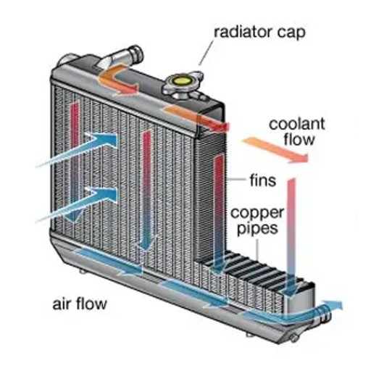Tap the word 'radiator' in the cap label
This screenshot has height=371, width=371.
click(x=243, y=32)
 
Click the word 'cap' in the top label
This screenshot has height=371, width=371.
click(x=291, y=33)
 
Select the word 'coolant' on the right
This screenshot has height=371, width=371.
click(x=297, y=124)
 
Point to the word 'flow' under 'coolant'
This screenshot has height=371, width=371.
click(x=299, y=139)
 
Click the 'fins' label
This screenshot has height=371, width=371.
click(x=263, y=180)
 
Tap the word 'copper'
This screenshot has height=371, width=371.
click(x=257, y=214)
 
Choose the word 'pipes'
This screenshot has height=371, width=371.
click(x=257, y=228)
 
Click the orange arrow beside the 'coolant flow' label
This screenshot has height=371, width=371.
click(x=276, y=149)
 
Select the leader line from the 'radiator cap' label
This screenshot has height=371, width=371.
click(x=206, y=53)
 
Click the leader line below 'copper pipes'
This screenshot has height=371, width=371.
click(x=257, y=249)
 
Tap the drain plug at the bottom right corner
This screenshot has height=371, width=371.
click(x=293, y=338)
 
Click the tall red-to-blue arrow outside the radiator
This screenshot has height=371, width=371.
click(x=291, y=238)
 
